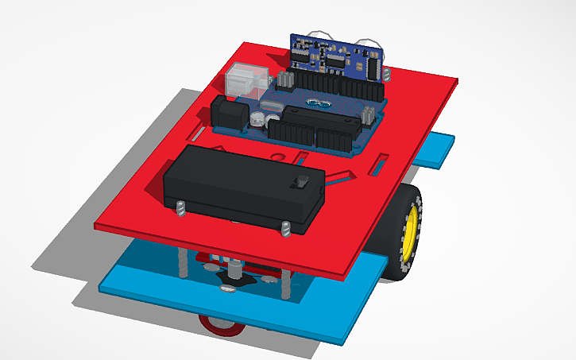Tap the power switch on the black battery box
point(302,181)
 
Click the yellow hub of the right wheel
point(410,230)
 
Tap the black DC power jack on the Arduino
point(230,116)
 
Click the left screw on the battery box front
point(180,209)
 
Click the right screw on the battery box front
point(284,229)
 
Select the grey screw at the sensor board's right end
point(387,75)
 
